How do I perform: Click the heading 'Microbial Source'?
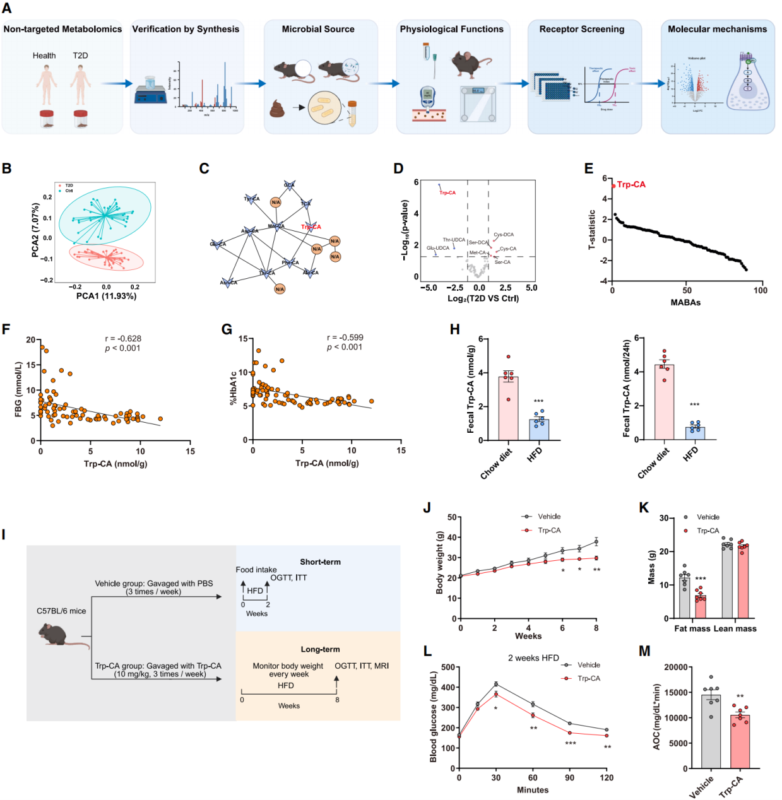pos(318,29)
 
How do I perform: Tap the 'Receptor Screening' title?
pos(581,29)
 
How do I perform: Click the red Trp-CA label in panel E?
pos(631,185)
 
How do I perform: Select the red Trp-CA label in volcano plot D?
pos(447,192)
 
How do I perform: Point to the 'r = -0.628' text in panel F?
pos(123,339)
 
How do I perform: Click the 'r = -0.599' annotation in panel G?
pos(345,338)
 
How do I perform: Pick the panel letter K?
pos(644,508)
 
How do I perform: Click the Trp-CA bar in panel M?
pos(740,741)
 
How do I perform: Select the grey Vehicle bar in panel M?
pos(711,732)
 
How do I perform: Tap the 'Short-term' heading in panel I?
pos(320,562)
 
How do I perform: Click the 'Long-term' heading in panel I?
pos(320,649)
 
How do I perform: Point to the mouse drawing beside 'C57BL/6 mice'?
pos(60,633)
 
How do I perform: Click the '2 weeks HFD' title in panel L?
pos(533,658)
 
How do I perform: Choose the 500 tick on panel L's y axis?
pos(447,667)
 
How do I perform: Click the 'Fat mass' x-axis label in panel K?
pos(692,628)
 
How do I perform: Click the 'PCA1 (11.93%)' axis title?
pos(106,296)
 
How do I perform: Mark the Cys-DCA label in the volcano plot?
pos(504,235)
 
